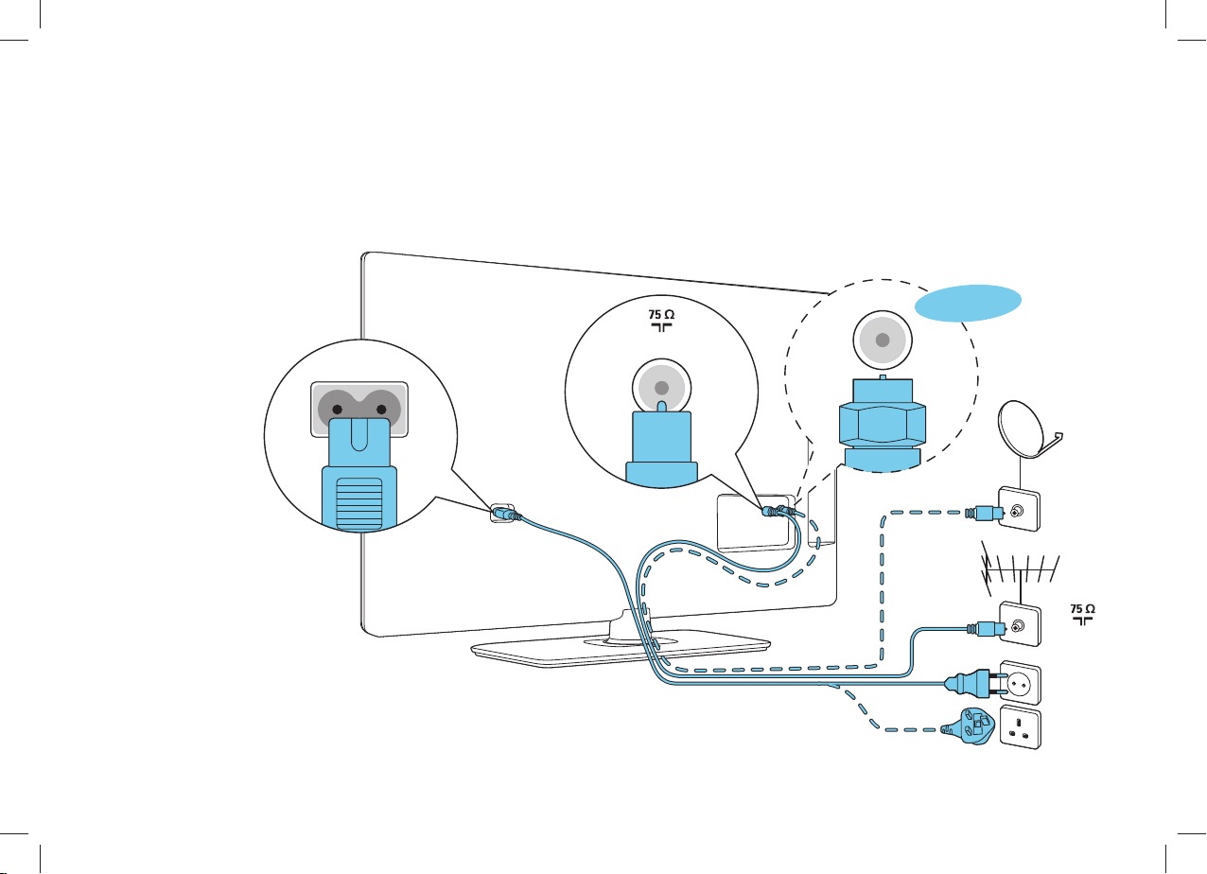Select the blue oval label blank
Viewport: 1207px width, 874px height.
coord(968,303)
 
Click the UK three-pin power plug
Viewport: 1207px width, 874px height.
coord(969,725)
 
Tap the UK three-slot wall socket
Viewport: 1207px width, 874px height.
coord(1020,726)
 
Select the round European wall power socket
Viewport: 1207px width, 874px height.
coord(1020,683)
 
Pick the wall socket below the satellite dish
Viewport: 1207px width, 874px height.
coord(1019,509)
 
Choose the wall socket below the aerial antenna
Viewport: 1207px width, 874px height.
coord(1020,624)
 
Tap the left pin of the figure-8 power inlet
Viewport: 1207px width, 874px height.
coord(338,410)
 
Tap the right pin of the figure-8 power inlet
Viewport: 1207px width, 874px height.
coord(381,410)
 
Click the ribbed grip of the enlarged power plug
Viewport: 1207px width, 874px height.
coord(359,504)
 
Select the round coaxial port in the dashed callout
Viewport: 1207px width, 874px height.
coord(883,340)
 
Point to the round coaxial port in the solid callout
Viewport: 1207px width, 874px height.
coord(662,388)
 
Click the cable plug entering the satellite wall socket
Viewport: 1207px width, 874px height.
coord(985,513)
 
